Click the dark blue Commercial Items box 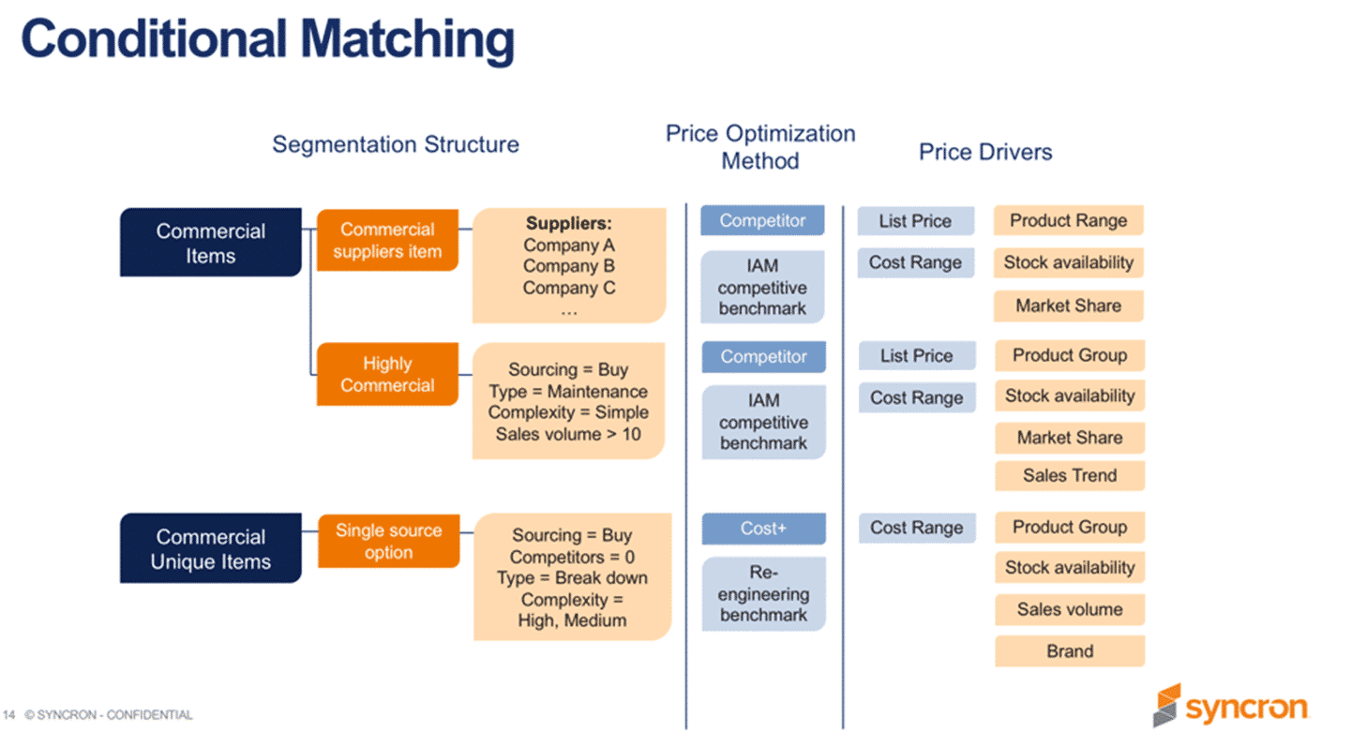(x=210, y=243)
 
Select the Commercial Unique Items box (x=210, y=548)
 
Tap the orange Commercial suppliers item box (x=387, y=240)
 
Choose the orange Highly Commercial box (x=387, y=374)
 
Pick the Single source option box (x=388, y=541)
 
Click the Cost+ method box (x=763, y=529)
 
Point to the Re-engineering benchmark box (x=763, y=593)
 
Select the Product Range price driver (x=1068, y=221)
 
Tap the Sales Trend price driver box (x=1069, y=475)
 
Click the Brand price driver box (x=1069, y=651)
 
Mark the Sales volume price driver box (x=1069, y=609)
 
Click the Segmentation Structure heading (x=395, y=144)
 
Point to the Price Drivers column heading (x=984, y=152)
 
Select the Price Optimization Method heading (x=759, y=147)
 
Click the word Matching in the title (x=409, y=39)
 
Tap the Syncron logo (x=1229, y=706)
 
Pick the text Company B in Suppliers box (x=569, y=266)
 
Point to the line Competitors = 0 (x=572, y=557)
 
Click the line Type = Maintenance (x=568, y=392)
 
